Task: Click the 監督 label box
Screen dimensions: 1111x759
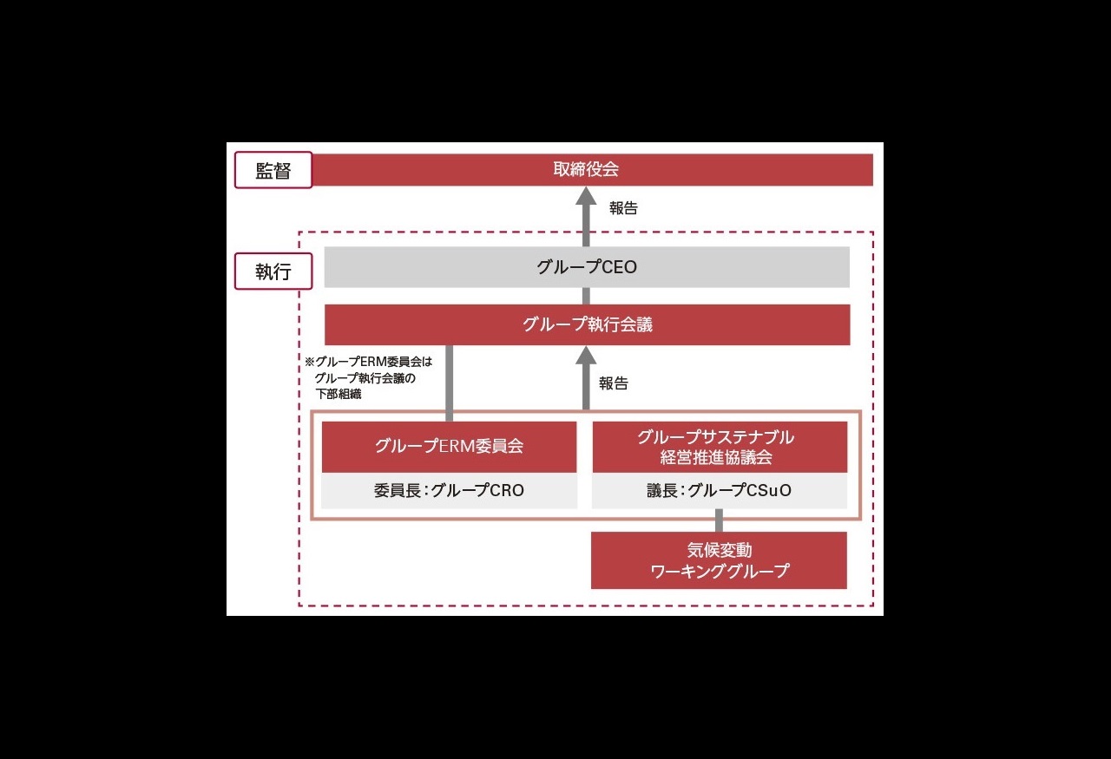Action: (273, 170)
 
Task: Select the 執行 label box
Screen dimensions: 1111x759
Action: (273, 272)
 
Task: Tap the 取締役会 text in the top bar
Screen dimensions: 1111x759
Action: (586, 169)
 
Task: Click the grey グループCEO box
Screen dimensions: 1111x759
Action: (587, 266)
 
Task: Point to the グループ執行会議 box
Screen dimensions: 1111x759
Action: (588, 324)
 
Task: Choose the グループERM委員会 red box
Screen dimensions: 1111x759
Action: (449, 447)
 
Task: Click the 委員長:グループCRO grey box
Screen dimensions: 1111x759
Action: (449, 490)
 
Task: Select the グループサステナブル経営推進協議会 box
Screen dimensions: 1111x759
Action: (720, 447)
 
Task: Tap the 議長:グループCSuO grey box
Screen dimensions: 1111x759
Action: (720, 490)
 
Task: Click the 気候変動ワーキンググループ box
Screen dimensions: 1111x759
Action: (719, 560)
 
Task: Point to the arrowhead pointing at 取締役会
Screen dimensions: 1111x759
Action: (586, 195)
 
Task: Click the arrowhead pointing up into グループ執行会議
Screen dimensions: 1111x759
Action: (586, 355)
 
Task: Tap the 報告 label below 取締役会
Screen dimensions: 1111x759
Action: (623, 208)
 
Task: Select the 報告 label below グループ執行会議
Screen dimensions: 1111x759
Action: (614, 383)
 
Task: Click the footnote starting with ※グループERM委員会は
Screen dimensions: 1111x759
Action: (369, 377)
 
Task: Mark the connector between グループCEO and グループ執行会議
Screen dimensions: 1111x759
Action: (586, 296)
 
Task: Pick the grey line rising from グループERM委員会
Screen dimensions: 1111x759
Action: (449, 383)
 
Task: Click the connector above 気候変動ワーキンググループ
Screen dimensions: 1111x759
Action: (719, 520)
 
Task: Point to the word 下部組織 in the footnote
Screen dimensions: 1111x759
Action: (339, 394)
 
